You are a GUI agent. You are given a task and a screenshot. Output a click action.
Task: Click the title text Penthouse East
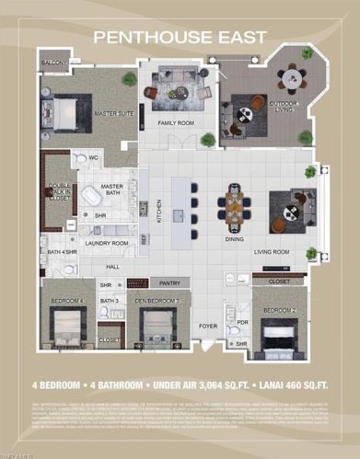point(180,36)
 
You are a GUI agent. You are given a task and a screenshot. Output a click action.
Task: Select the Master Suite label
point(111,113)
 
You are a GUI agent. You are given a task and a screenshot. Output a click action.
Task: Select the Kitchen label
point(159,212)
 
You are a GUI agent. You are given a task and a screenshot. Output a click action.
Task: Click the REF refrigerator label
point(145,237)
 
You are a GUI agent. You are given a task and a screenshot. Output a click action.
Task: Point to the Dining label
point(235,238)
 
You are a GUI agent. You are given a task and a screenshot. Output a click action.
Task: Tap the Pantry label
point(168,283)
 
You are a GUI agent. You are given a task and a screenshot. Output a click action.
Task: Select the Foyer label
point(209,326)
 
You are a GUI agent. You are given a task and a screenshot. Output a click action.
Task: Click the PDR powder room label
point(242,323)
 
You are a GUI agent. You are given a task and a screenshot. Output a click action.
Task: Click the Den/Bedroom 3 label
point(158,301)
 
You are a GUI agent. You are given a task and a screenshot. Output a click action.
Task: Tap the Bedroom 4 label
point(67,301)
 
